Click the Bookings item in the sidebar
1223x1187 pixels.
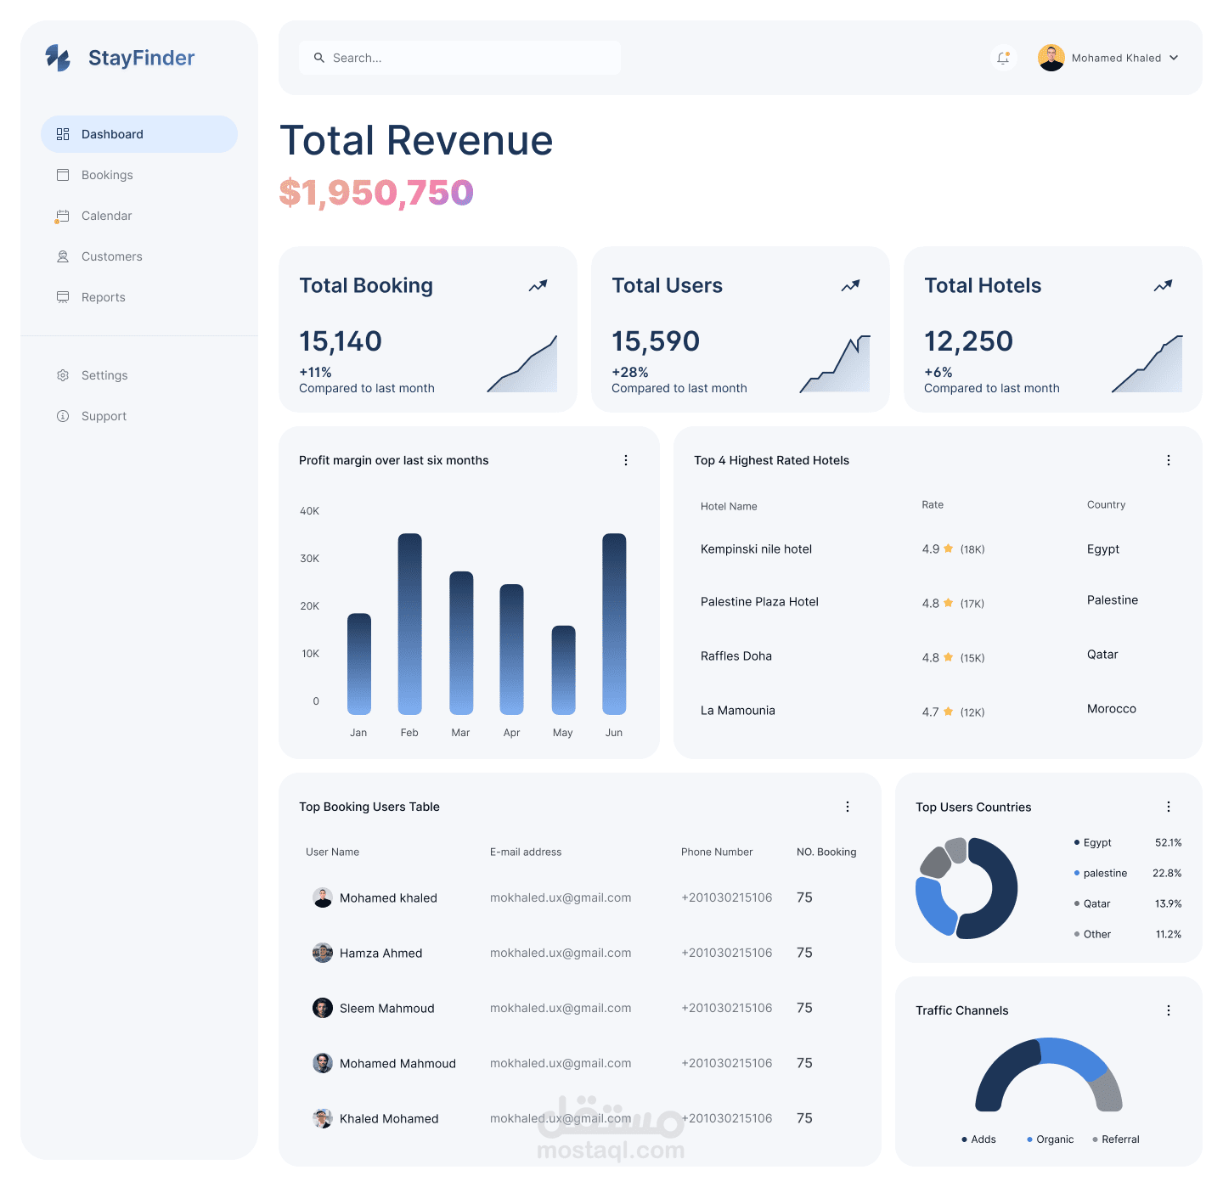pos(107,175)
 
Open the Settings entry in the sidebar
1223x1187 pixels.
pos(104,375)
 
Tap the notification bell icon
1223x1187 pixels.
pos(1003,58)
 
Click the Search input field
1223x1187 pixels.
pos(459,58)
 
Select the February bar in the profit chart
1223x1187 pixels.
pos(409,623)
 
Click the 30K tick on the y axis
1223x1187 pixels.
pos(310,559)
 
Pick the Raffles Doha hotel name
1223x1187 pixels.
pos(736,656)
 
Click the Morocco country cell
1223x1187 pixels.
pos(1111,709)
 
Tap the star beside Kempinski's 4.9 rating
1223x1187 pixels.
pos(949,548)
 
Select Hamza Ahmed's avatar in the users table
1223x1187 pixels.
pos(323,953)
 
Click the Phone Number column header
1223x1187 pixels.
pos(717,852)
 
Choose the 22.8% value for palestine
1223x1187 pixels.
pos(1167,873)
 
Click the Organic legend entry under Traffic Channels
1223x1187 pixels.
pos(1054,1139)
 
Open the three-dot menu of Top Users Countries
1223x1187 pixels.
pos(1169,807)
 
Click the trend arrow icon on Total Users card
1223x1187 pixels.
pos(850,286)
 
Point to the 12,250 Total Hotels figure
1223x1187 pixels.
pos(968,341)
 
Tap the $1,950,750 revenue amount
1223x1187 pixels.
pos(376,193)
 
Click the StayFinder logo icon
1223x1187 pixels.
pos(58,58)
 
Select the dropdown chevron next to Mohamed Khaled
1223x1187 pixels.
pos(1174,58)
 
